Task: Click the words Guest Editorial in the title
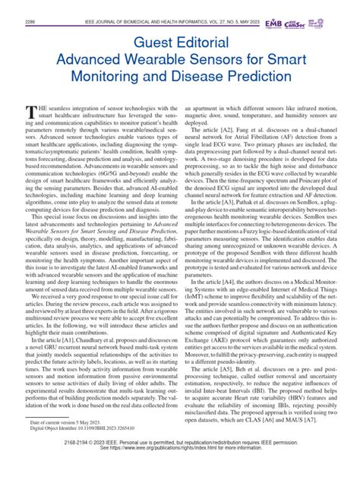tap(179, 37)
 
